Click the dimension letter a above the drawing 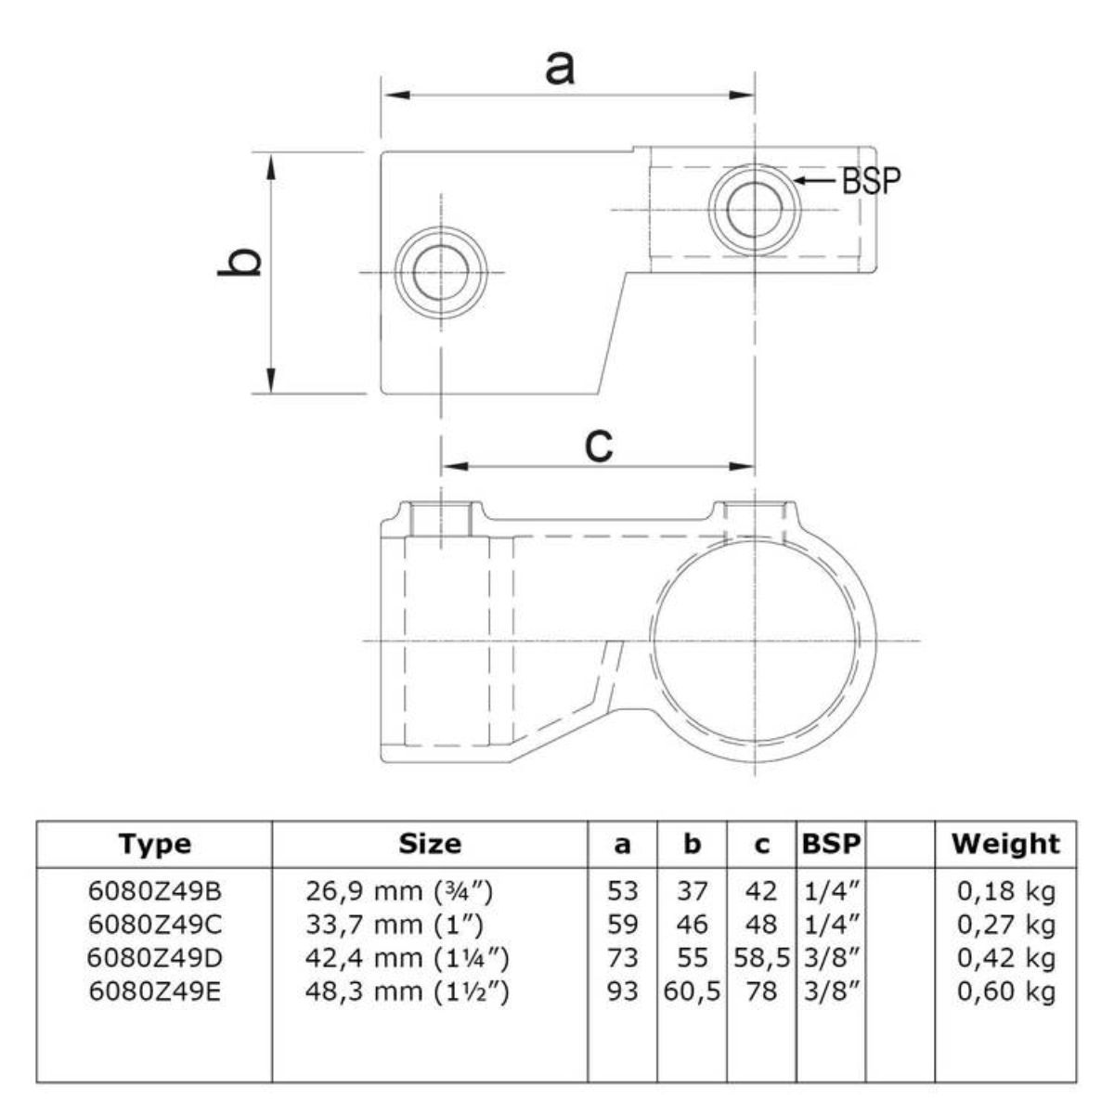[x=560, y=68]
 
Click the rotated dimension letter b [x=240, y=263]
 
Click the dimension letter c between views [x=599, y=446]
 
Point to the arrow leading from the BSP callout [x=816, y=180]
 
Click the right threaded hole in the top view [x=755, y=209]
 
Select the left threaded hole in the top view [x=441, y=272]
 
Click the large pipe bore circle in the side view [x=755, y=641]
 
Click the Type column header [x=155, y=844]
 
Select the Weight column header [x=1006, y=844]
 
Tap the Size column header [x=430, y=844]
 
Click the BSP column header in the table [x=831, y=844]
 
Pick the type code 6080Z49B [x=155, y=891]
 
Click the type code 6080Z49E [x=155, y=991]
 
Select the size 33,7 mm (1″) [x=395, y=925]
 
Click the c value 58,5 [x=762, y=958]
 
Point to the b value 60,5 [x=692, y=991]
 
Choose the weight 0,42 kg [x=1006, y=958]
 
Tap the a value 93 [x=623, y=991]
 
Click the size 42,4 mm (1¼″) [x=407, y=958]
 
